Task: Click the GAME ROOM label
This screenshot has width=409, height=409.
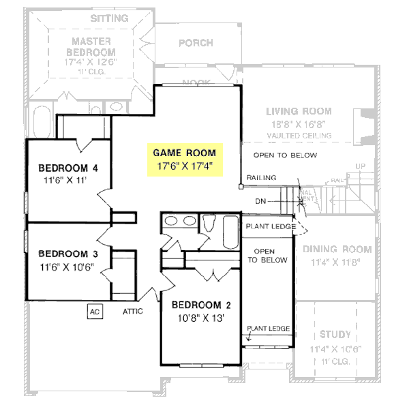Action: (x=184, y=153)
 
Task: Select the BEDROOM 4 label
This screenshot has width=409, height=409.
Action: (x=68, y=168)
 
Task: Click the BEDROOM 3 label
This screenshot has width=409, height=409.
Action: (x=68, y=254)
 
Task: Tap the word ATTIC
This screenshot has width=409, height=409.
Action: (x=133, y=312)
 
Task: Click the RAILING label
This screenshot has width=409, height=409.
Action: (x=261, y=178)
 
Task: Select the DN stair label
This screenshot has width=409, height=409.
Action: (x=260, y=201)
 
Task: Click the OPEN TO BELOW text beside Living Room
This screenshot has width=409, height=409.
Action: (x=285, y=155)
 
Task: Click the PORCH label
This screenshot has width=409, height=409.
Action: (x=196, y=43)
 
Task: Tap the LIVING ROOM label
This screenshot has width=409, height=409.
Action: (x=299, y=111)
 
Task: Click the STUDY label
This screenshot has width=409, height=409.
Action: (x=335, y=335)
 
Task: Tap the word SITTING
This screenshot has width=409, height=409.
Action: (x=110, y=18)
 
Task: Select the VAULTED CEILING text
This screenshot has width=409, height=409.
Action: (x=299, y=136)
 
